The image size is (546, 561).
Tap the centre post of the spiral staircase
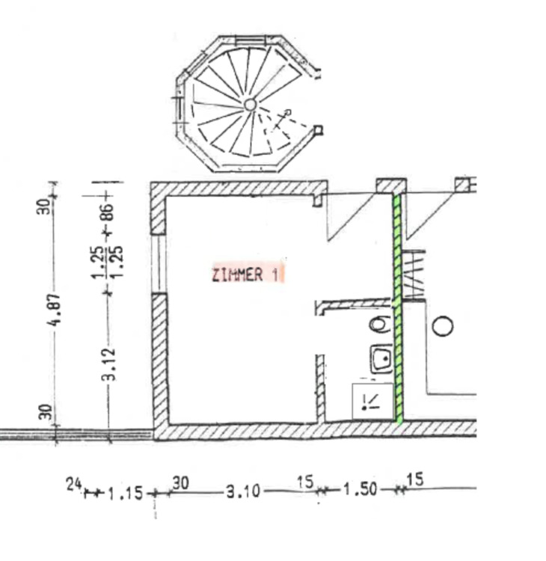tap(250, 105)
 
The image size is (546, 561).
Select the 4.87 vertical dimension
tap(55, 310)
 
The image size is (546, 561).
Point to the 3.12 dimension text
tap(111, 364)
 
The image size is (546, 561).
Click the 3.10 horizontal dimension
tap(243, 491)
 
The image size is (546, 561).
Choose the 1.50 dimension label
tap(361, 489)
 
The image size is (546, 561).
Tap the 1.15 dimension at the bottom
tap(125, 494)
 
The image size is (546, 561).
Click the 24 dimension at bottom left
tap(75, 485)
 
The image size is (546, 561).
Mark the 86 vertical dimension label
tap(108, 212)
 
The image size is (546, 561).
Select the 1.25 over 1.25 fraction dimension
tap(108, 262)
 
